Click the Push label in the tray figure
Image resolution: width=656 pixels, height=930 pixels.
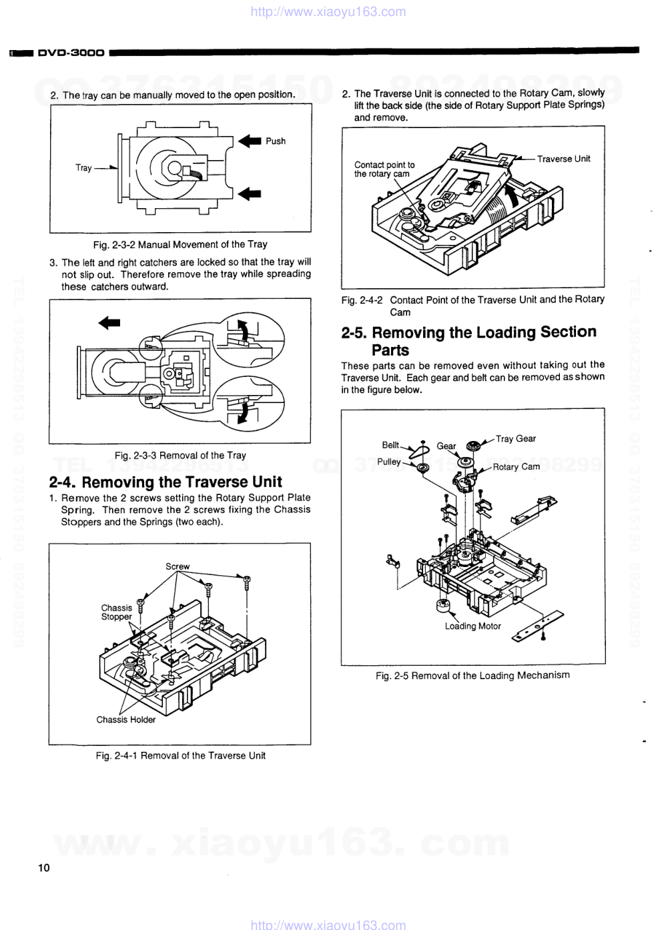[x=275, y=141]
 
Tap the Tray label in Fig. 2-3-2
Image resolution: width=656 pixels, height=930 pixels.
[x=83, y=168]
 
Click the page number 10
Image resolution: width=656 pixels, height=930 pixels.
[x=43, y=868]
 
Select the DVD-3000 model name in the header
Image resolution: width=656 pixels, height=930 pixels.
[x=71, y=52]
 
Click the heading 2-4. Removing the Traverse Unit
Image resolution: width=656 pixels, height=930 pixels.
[x=166, y=482]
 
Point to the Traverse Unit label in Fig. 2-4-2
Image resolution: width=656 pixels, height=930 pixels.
[x=563, y=159]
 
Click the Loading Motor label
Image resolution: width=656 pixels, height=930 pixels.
[x=472, y=626]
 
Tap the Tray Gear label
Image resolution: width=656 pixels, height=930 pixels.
[x=516, y=438]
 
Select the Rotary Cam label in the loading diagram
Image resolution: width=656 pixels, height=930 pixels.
[x=516, y=467]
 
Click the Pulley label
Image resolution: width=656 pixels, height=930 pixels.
[x=389, y=462]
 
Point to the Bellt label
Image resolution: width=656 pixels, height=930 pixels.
[x=390, y=445]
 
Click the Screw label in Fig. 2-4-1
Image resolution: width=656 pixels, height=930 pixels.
[x=178, y=566]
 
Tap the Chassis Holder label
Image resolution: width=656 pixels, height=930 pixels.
[x=125, y=720]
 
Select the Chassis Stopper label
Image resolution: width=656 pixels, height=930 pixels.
[x=117, y=612]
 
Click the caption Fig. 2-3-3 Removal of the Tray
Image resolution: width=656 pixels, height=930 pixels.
[x=180, y=456]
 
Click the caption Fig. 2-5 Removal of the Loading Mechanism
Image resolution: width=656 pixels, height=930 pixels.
[x=472, y=676]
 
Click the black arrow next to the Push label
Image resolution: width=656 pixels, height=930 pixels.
[x=250, y=141]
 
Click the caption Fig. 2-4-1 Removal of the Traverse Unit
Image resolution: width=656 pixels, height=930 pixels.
[x=180, y=756]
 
